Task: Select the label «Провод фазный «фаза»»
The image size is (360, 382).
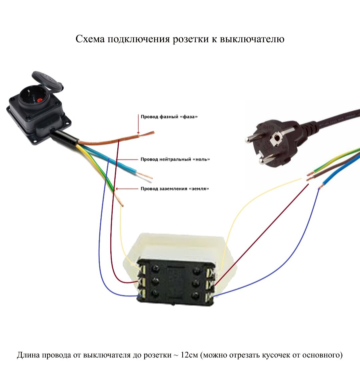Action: (169, 117)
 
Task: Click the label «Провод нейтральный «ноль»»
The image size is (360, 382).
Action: (175, 159)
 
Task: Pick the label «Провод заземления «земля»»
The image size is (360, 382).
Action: (175, 189)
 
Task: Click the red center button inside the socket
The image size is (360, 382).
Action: (40, 100)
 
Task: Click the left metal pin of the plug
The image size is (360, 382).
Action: (251, 139)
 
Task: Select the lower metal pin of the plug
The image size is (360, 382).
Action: (265, 161)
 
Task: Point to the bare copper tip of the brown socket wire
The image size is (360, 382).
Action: (147, 134)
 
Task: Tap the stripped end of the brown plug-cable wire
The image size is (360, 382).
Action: (310, 179)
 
